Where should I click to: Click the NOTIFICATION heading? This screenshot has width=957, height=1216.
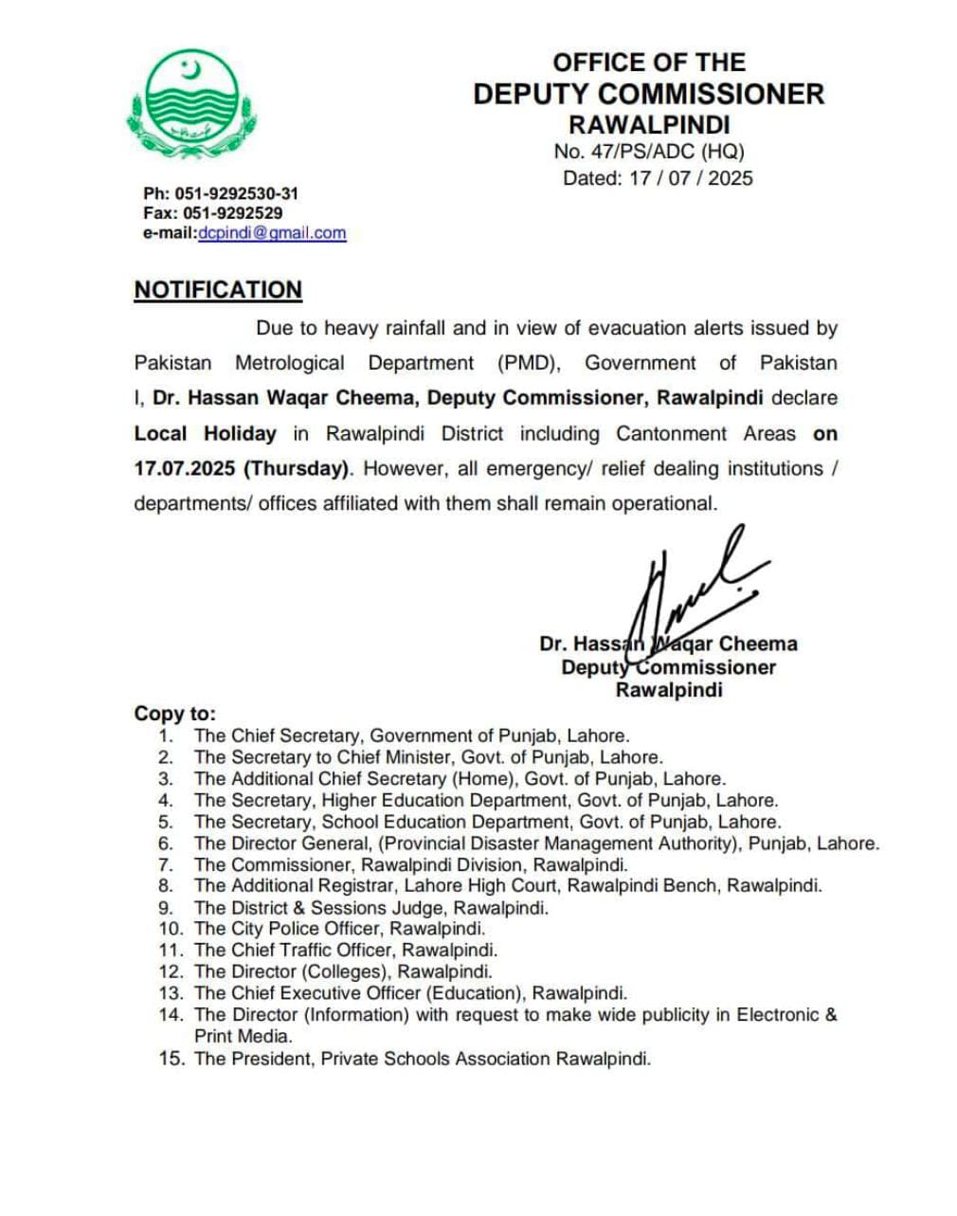(218, 290)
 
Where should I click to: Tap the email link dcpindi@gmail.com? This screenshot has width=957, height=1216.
(272, 233)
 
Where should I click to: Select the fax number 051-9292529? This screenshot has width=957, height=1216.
(232, 213)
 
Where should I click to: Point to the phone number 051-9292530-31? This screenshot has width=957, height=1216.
(236, 193)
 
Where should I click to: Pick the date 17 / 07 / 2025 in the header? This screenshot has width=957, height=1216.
(691, 178)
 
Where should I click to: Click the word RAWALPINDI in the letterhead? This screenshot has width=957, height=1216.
(649, 125)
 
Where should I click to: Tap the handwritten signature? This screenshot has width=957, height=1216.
(692, 592)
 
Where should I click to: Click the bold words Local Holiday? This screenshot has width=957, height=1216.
(206, 434)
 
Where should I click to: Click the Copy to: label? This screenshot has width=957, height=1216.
(175, 714)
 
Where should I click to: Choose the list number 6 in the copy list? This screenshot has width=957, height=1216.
(166, 844)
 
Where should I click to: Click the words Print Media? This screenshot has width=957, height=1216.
(244, 1037)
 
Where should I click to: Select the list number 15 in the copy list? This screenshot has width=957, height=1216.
(171, 1059)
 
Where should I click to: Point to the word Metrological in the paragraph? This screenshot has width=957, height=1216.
(290, 363)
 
